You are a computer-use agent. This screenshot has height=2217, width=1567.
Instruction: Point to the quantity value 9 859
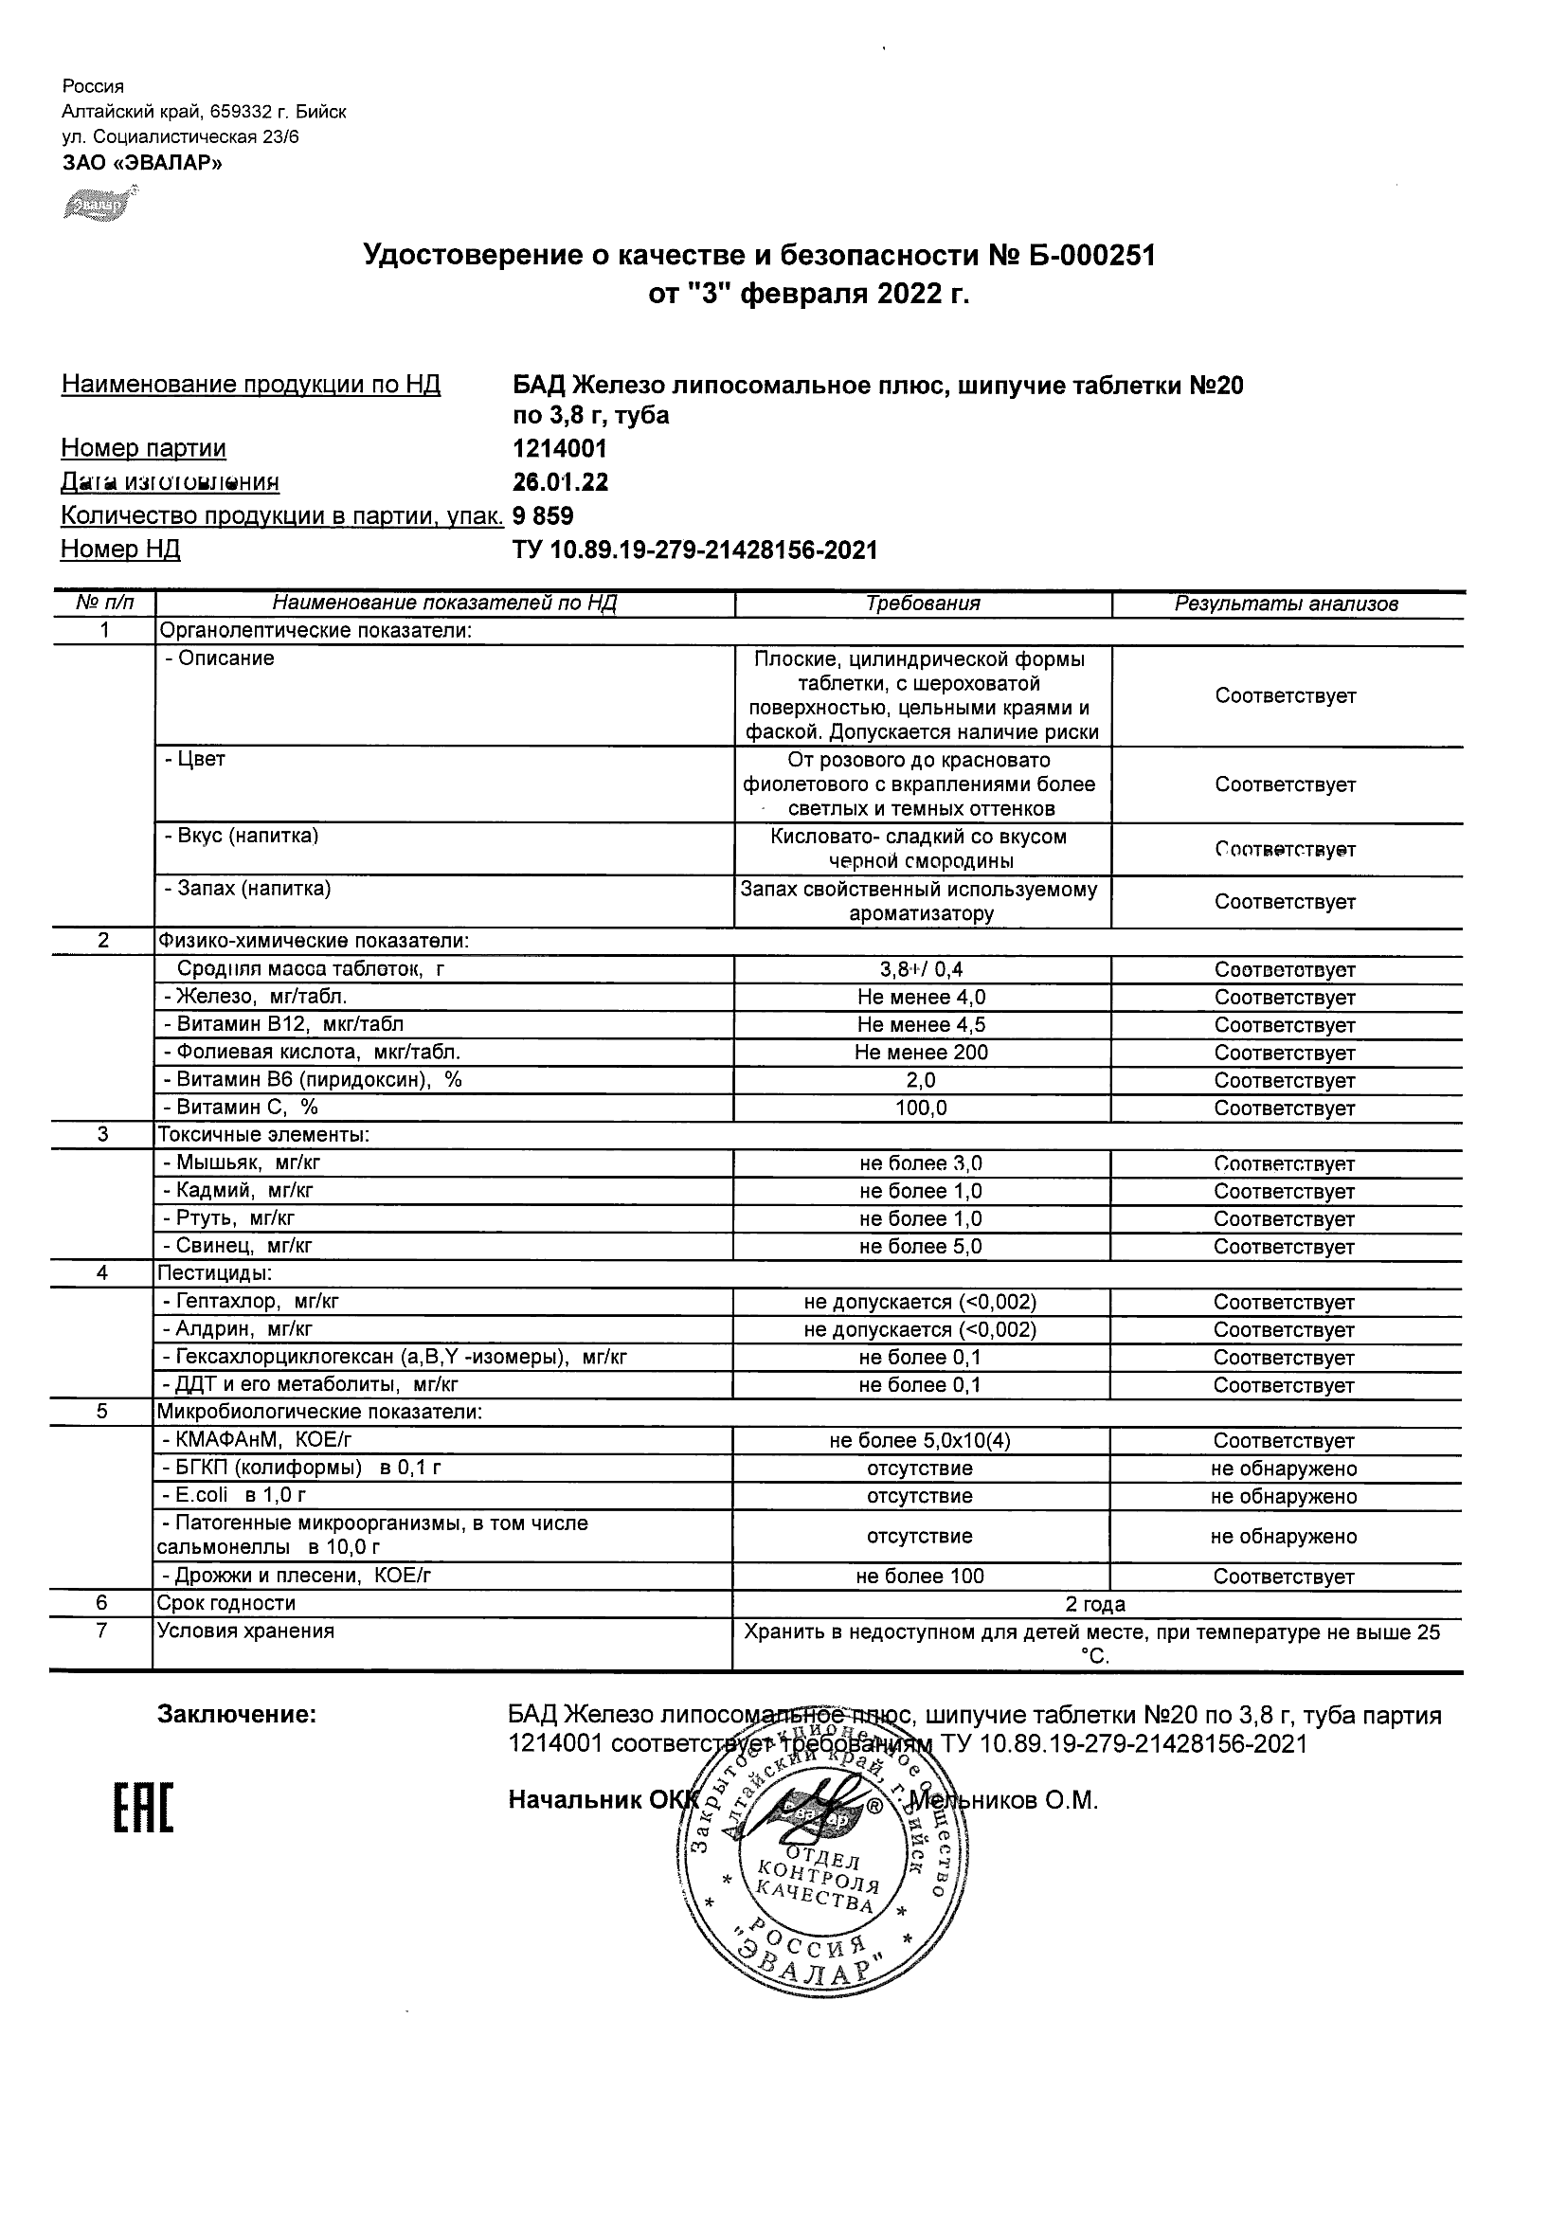[x=543, y=515]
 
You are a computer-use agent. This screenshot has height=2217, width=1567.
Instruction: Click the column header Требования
[x=922, y=604]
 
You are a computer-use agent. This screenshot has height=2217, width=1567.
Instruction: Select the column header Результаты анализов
[x=1286, y=604]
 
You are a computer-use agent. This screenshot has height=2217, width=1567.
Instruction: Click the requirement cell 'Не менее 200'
[x=921, y=1054]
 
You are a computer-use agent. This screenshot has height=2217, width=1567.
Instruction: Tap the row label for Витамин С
[x=242, y=1108]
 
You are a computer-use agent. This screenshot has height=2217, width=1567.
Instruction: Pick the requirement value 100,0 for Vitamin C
[x=921, y=1108]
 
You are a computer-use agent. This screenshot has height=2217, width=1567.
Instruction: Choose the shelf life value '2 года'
[x=1095, y=1605]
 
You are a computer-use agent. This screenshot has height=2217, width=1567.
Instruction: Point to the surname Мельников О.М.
[x=1004, y=1801]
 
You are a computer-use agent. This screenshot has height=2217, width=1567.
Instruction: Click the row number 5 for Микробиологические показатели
[x=102, y=1412]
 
